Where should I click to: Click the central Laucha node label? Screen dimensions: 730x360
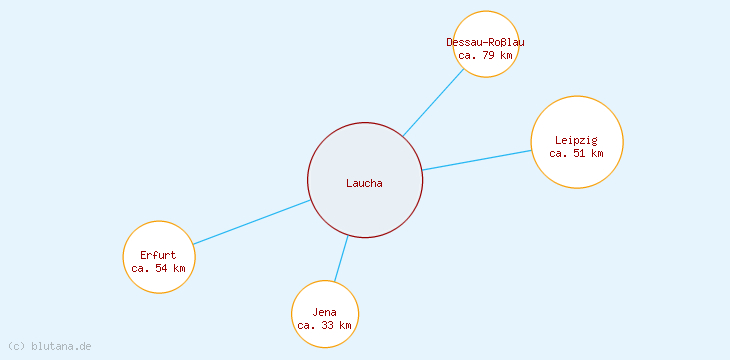click(x=364, y=182)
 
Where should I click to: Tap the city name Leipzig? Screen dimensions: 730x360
click(x=576, y=140)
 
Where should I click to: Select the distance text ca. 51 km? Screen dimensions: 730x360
click(x=576, y=154)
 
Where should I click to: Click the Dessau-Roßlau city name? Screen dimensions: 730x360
click(x=485, y=42)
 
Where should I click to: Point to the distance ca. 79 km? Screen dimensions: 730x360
click(x=485, y=55)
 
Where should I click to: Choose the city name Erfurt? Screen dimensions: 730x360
click(x=158, y=255)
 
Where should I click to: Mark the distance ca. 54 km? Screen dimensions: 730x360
click(x=158, y=268)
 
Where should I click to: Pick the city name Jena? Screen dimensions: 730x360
click(x=324, y=313)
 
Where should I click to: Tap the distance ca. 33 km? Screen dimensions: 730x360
click(x=324, y=326)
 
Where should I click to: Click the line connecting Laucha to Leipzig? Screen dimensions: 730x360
click(x=476, y=160)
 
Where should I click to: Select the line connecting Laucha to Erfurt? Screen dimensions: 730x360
click(x=250, y=222)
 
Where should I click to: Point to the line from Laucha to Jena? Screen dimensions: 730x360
click(x=341, y=258)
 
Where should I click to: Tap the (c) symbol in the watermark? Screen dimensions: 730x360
click(x=16, y=346)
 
